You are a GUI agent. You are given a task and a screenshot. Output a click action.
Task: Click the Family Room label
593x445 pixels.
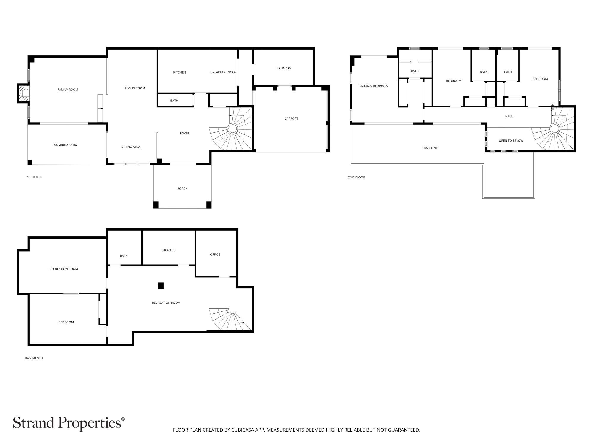[x=68, y=90]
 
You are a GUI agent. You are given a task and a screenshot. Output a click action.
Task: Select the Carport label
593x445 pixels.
[x=291, y=119]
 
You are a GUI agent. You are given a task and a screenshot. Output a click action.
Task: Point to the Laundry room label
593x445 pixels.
[x=284, y=68]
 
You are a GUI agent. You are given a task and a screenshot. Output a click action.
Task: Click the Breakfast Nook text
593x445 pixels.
[x=224, y=72]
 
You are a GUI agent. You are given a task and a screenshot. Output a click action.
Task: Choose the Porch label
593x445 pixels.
[x=182, y=189]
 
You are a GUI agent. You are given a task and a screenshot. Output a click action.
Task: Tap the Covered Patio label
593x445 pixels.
[x=66, y=145]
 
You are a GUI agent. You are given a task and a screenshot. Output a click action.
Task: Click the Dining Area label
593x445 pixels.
[x=131, y=147]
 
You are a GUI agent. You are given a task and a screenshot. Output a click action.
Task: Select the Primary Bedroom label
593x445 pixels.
[x=374, y=86]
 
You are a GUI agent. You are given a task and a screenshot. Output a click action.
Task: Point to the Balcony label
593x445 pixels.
[x=431, y=148]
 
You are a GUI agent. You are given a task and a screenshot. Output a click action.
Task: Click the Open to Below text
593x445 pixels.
[x=511, y=141]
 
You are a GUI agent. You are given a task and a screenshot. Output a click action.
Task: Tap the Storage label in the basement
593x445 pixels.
[x=168, y=250]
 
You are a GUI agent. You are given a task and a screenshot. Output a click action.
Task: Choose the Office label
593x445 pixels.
[x=215, y=255]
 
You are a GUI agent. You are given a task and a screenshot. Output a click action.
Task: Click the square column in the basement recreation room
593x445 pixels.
[x=161, y=286]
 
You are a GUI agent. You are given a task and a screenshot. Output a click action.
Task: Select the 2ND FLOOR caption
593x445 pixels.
[x=356, y=177]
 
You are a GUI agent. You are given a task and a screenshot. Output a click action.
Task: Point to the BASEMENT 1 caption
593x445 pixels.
[x=34, y=358]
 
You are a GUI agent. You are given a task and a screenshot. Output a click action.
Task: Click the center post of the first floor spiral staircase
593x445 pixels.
[x=232, y=129]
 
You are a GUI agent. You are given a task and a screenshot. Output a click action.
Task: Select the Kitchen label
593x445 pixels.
[x=179, y=72]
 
